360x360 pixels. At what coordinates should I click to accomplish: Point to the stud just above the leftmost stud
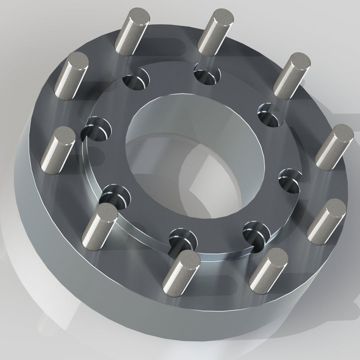click(x=72, y=75)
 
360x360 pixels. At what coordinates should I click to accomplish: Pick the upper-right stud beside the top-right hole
click(x=292, y=75)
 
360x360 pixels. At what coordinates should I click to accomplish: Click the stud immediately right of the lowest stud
click(x=268, y=265)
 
